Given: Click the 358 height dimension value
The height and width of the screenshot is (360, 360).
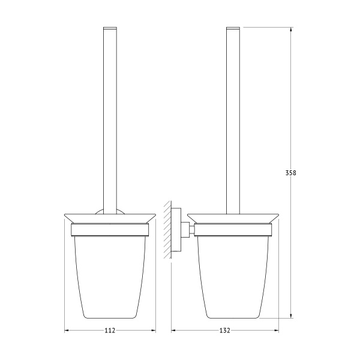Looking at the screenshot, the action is (x=290, y=173).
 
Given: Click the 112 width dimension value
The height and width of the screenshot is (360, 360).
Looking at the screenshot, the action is (x=110, y=331).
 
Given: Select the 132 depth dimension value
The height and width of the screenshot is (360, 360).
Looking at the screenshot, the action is (x=224, y=331).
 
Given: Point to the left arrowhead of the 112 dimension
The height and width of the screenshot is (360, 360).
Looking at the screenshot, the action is (x=67, y=331).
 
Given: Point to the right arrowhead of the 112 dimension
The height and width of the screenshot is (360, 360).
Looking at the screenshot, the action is (x=153, y=331).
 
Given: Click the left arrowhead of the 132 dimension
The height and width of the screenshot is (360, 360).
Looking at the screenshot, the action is (x=174, y=331).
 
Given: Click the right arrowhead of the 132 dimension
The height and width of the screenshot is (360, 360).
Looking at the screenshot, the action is (x=276, y=331).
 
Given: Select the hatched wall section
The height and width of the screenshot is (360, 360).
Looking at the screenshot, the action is (x=167, y=230).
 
